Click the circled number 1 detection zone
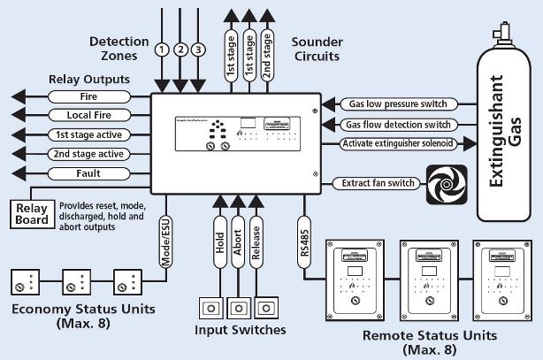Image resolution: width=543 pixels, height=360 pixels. click(161, 49)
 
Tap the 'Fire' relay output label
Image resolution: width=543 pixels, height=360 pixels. click(87, 96)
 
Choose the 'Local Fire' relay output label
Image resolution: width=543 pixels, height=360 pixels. click(87, 115)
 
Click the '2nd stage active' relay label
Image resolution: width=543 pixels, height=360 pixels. click(87, 153)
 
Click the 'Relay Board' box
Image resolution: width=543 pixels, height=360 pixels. click(32, 215)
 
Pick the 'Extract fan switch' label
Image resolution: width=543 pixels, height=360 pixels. click(374, 184)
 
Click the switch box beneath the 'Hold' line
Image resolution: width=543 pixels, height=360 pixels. click(211, 307)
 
